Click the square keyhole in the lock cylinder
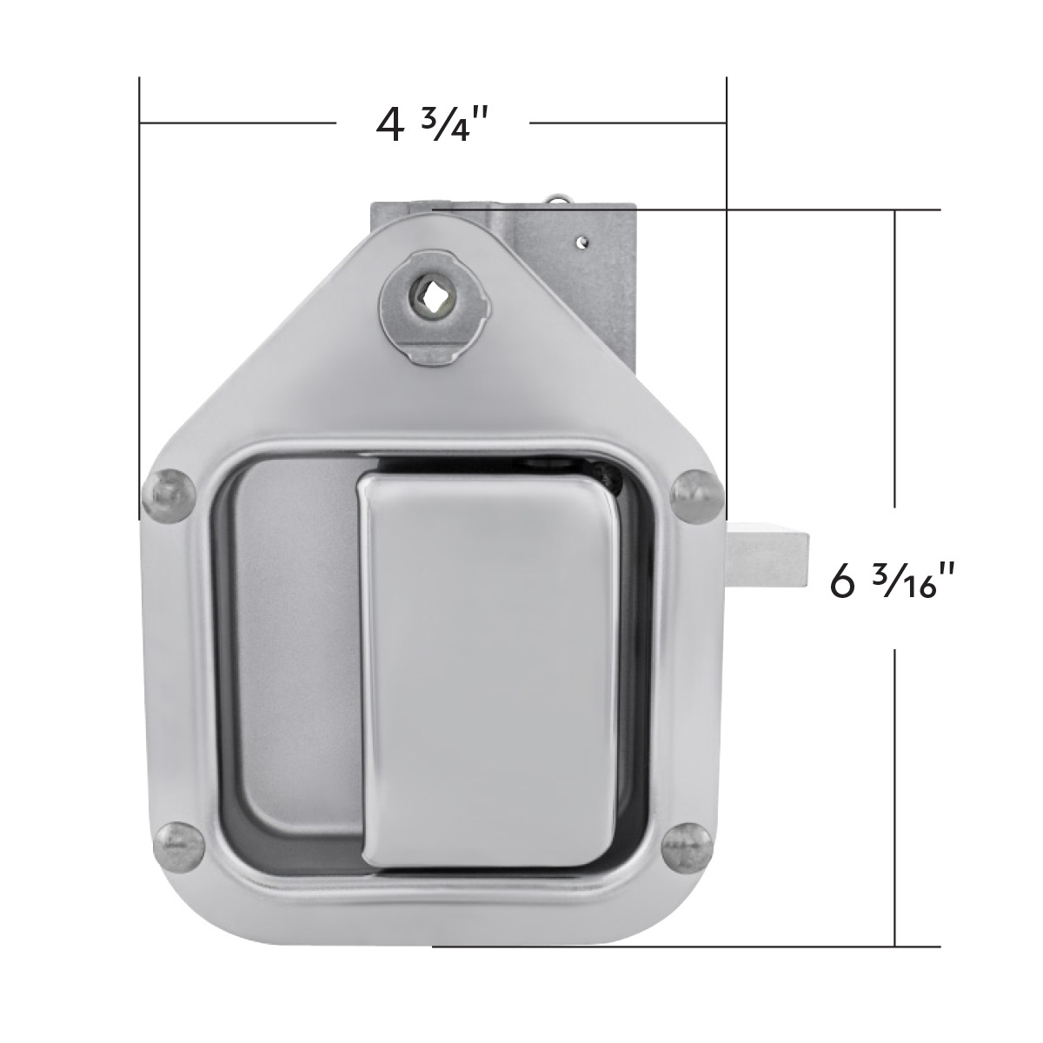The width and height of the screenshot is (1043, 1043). point(430,305)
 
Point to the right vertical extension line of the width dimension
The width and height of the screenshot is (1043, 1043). point(727,261)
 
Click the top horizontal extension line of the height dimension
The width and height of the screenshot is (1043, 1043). point(782,209)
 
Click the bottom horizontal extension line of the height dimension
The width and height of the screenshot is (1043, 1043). point(695,946)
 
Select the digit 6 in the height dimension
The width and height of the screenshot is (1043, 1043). point(843,581)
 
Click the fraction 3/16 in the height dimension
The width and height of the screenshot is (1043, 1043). point(908,580)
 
